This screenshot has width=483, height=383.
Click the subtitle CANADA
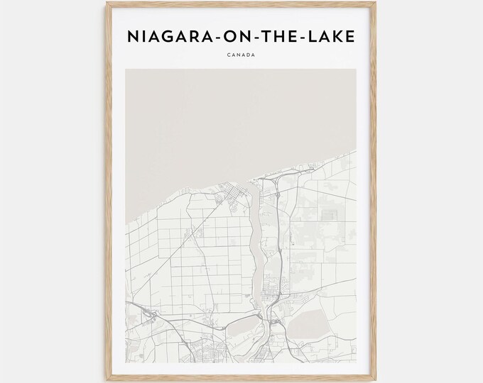tap(241, 55)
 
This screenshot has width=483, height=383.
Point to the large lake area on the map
tap(213, 121)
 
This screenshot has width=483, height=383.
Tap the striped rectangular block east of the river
tap(330, 216)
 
